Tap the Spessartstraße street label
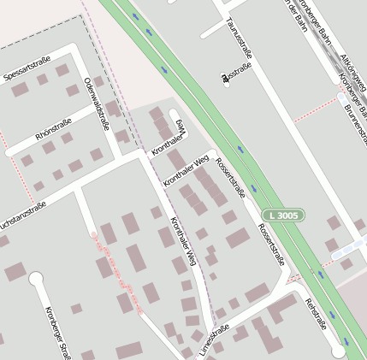[x=27, y=69]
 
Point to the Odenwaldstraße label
[x=96, y=103]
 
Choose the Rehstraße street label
[x=314, y=315]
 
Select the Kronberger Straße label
[x=59, y=332]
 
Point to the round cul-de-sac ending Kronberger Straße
[x=35, y=278]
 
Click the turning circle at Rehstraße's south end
[x=339, y=351]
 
